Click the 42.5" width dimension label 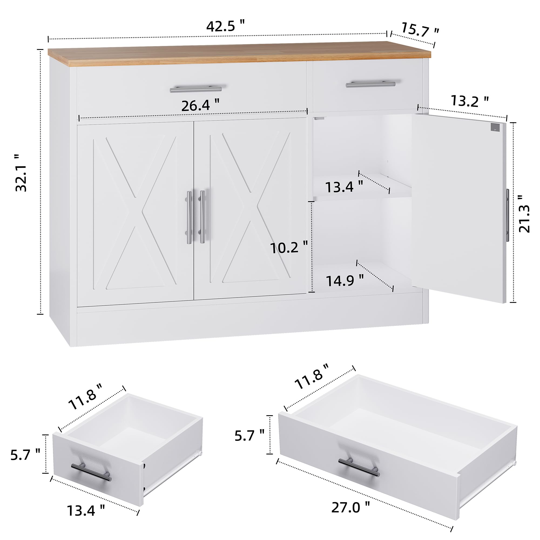pos(225,26)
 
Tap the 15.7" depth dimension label pos(420,30)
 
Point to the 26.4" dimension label pos(200,106)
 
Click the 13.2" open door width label pos(470,101)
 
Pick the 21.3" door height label pos(524,214)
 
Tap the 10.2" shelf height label pos(289,248)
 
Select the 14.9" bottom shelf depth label pos(345,281)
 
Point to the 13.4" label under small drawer pos(86,511)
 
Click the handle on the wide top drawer pos(196,89)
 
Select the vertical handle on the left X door pos(189,217)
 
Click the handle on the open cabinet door pos(507,215)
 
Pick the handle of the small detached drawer pos(91,472)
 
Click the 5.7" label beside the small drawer pos(25,454)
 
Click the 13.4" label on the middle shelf pos(344,187)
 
